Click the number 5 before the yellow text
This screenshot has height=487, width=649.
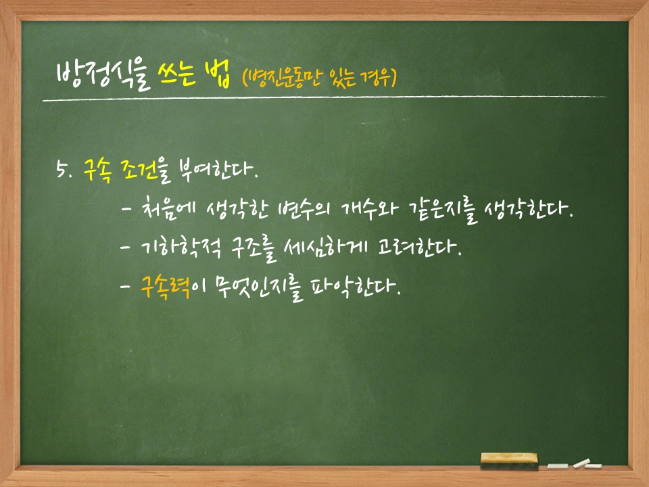point(62,168)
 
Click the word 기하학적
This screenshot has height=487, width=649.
point(182,248)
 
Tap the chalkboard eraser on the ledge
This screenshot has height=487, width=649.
point(510,461)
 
